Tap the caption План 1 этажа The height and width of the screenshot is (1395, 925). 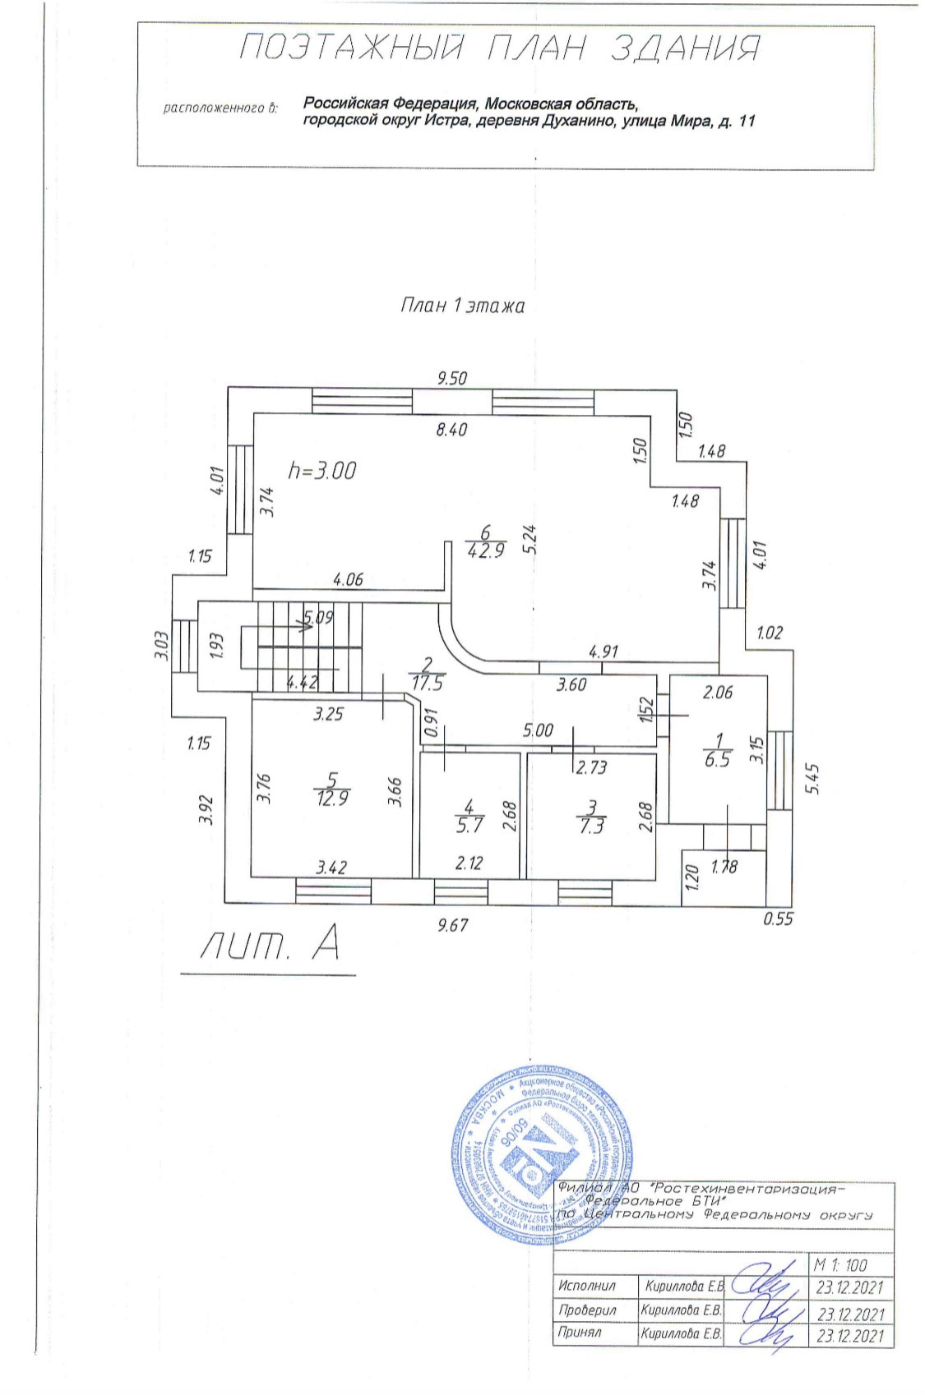[461, 306]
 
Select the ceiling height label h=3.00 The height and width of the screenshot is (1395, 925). [322, 471]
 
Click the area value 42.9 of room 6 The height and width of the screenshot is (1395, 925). [485, 551]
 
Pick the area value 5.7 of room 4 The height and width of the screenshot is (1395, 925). [469, 826]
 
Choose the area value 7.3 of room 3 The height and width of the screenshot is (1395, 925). [591, 826]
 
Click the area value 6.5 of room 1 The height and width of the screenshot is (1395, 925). [717, 761]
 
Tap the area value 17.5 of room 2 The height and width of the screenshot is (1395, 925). [427, 683]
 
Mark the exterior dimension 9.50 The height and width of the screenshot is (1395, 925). [452, 378]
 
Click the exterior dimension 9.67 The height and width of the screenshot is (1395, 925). [453, 924]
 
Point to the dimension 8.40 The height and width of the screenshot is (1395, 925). [452, 429]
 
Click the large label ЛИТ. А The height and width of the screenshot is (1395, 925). [269, 947]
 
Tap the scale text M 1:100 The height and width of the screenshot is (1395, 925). [839, 1265]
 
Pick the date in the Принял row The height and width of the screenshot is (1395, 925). [850, 1336]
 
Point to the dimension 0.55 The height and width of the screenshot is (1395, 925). [778, 918]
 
